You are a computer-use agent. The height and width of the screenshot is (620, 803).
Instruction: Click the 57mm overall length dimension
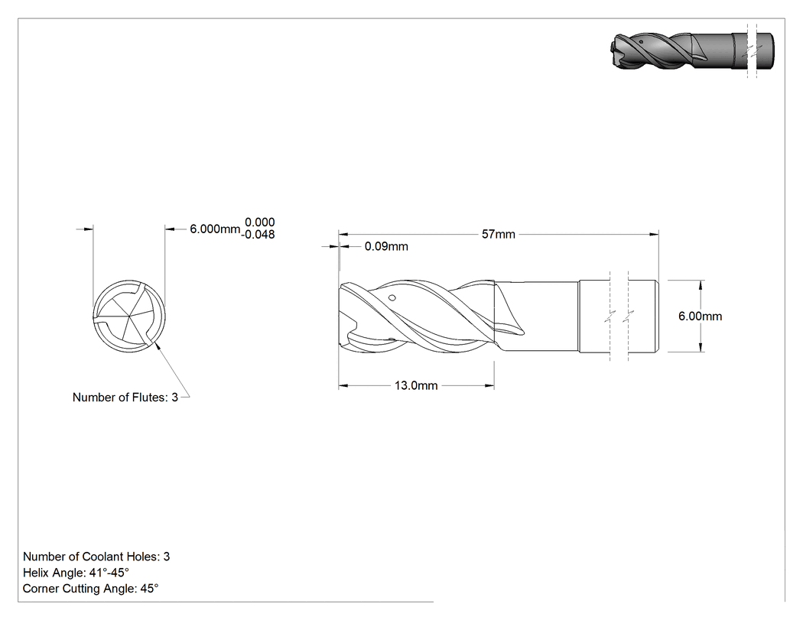(499, 235)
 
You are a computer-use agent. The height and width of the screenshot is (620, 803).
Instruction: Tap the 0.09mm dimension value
(386, 247)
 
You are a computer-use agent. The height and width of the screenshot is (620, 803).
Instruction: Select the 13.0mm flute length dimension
(416, 385)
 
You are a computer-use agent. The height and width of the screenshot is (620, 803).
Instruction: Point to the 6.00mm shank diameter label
(700, 316)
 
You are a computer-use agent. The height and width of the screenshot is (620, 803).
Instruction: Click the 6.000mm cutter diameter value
(215, 229)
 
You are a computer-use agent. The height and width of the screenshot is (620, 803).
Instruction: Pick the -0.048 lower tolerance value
(258, 235)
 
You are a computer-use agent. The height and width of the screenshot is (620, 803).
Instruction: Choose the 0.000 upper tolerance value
(260, 222)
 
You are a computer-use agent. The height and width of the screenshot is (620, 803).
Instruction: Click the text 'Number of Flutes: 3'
(125, 398)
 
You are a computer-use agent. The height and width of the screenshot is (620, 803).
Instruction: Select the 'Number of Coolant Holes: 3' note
(96, 557)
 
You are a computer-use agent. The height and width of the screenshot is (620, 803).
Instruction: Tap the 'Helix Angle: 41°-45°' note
(76, 573)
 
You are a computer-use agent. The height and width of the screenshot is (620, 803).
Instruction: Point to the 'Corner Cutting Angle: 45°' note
(91, 589)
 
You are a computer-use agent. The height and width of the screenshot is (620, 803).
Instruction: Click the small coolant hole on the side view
(392, 297)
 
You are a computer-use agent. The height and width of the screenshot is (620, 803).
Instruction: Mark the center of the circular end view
(129, 316)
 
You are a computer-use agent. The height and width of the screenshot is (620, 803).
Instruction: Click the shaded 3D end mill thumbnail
(692, 51)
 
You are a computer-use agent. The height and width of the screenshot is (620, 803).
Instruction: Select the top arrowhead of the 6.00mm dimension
(701, 284)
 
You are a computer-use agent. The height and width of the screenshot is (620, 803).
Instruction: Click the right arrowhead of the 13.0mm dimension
(489, 385)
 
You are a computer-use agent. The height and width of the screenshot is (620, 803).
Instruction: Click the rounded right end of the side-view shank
(657, 316)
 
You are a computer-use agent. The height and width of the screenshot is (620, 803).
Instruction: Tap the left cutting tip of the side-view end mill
(340, 289)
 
